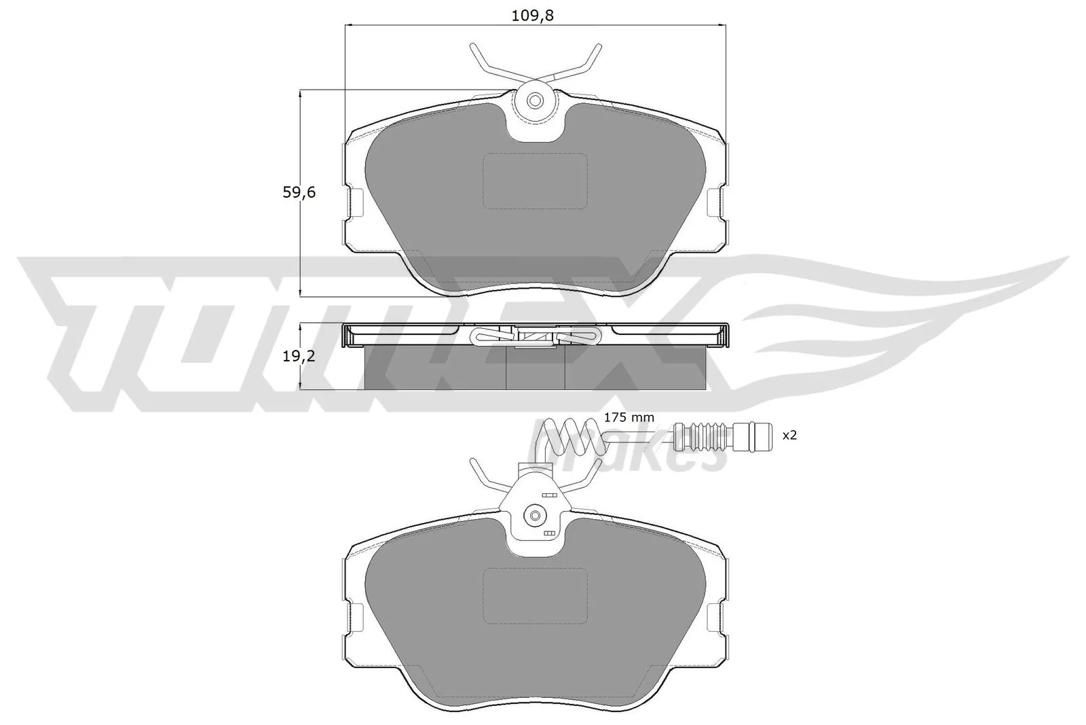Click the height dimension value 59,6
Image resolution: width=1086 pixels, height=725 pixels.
click(x=299, y=193)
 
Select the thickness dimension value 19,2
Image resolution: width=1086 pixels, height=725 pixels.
click(x=299, y=356)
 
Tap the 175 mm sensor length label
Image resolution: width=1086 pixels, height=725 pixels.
click(x=629, y=417)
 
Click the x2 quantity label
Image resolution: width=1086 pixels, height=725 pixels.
click(x=789, y=435)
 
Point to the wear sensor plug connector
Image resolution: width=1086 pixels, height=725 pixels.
click(x=722, y=436)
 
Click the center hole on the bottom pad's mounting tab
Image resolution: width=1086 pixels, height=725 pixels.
click(x=535, y=514)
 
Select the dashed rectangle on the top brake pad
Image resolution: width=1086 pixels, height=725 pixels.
click(x=535, y=181)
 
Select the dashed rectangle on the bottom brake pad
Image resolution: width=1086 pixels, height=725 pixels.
click(x=535, y=595)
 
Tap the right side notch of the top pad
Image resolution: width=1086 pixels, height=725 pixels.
click(x=715, y=202)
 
